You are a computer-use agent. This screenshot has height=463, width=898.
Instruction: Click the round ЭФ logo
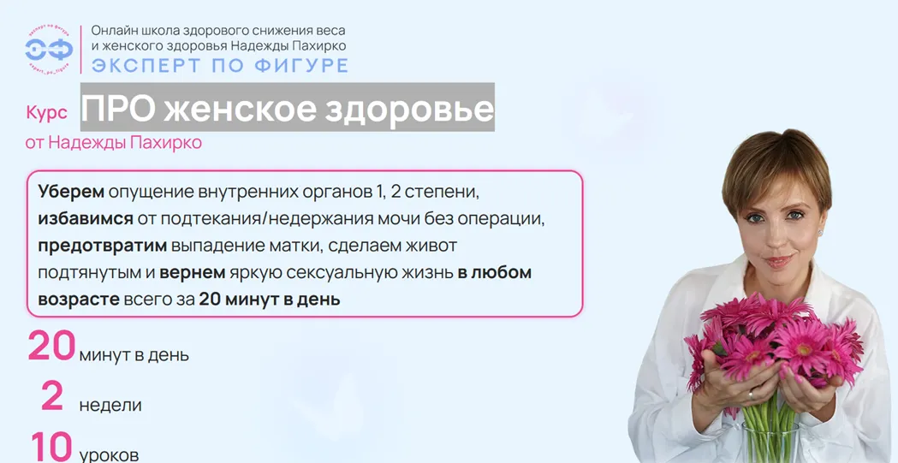pos(50,50)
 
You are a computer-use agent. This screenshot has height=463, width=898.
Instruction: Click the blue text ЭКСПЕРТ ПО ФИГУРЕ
pos(220,65)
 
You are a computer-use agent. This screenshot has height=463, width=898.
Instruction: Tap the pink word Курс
pos(46,113)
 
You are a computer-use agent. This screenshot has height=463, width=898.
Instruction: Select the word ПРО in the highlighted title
pos(118,108)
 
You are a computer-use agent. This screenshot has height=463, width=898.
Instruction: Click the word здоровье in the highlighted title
pos(409,109)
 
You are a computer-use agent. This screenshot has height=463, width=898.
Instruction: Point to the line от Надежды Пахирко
pos(113,143)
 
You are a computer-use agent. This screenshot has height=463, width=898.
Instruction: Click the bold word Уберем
pos(71,192)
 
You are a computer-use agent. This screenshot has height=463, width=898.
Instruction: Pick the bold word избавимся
pos(86,218)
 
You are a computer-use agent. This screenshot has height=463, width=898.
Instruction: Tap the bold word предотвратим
pos(103,246)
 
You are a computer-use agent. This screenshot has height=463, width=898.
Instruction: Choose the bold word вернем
pos(193,272)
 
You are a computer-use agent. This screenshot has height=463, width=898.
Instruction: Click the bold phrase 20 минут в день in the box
pos(269,300)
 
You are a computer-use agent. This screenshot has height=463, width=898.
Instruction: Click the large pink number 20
pos(51,347)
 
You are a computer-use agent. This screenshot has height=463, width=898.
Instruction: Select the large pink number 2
pos(52,397)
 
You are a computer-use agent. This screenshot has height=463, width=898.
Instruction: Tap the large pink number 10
pos(51,447)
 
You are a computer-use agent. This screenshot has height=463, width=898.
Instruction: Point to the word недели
pos(110,406)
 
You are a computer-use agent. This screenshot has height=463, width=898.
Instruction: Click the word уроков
pos(109,456)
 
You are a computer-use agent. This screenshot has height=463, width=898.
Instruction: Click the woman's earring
pos(824,233)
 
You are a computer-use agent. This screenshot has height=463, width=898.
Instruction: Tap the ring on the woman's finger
pos(751,395)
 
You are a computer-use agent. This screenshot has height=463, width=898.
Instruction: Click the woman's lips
pos(779,261)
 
